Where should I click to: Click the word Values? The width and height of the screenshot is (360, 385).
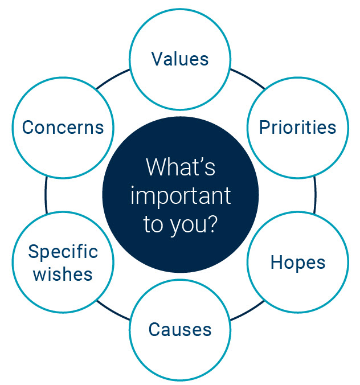180,59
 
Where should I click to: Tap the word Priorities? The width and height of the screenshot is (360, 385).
297,128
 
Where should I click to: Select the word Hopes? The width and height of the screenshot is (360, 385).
298,263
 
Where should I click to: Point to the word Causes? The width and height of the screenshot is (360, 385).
180,329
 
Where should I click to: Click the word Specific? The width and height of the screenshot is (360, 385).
63,252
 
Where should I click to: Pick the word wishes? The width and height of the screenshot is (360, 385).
63,274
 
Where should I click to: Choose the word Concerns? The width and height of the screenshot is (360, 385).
63,128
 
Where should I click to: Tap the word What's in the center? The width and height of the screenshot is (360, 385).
181,167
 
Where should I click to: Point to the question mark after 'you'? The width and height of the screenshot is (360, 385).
212,223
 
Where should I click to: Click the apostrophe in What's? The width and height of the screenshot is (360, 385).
201,161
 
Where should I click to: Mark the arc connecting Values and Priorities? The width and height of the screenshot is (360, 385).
248,77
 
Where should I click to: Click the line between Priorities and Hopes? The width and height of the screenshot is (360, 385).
315,195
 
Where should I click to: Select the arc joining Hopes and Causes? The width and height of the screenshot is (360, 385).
248,312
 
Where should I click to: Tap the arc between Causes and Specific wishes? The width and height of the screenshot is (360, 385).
112,312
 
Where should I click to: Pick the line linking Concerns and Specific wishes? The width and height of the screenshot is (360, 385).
46,195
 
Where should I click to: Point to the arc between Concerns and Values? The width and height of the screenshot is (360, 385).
112,78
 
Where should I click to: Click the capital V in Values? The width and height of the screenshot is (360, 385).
158,59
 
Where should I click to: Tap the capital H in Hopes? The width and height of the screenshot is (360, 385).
276,262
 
